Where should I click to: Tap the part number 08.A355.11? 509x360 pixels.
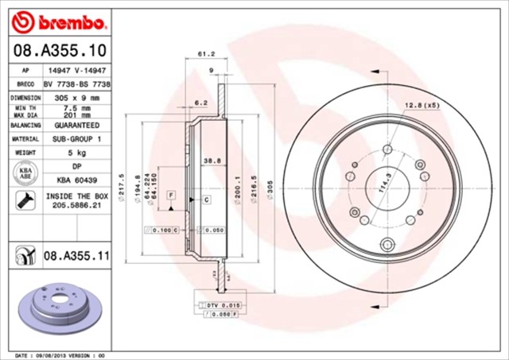[75, 255]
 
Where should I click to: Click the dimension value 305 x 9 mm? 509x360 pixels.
[76, 97]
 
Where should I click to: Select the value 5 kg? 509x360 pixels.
[76, 152]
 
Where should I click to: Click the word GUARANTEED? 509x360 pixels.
[76, 125]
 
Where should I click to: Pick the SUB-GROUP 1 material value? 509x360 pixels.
[76, 138]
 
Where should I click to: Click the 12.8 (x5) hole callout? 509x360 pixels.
[422, 105]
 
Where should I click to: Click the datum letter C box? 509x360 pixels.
[205, 199]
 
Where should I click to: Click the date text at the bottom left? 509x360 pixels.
[60, 355]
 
